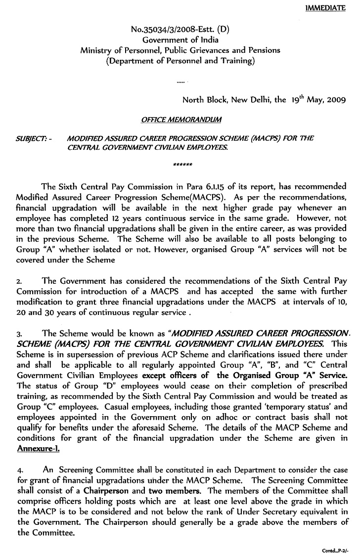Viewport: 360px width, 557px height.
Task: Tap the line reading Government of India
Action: pos(180,40)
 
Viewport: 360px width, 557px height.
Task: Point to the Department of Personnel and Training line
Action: pos(180,61)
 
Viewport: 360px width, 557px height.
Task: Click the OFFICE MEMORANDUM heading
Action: pos(181,120)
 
